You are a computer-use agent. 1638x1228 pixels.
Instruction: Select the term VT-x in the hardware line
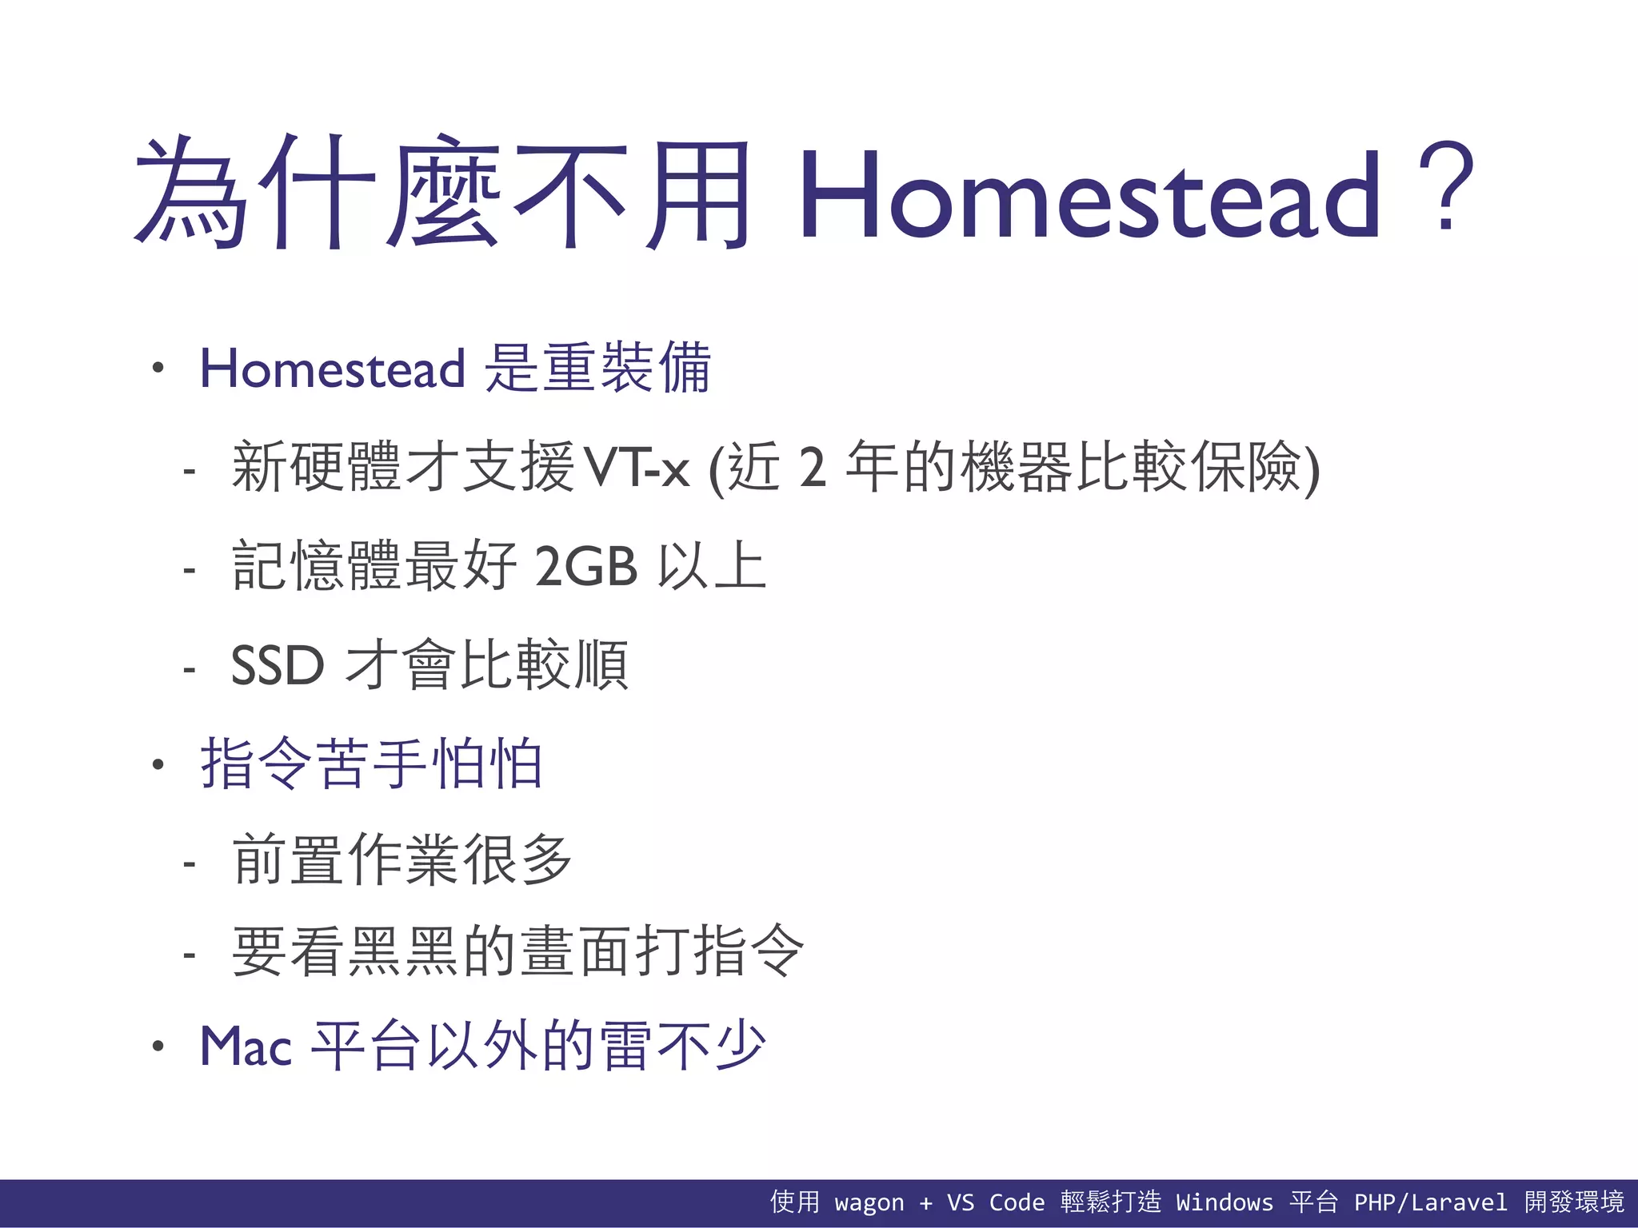[x=637, y=468]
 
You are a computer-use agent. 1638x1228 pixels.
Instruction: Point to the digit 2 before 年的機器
[x=812, y=468]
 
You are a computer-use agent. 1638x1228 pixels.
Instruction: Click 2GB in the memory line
[x=585, y=567]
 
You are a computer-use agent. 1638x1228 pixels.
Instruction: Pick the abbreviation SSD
[x=278, y=665]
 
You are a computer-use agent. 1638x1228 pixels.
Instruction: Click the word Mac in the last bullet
[x=246, y=1047]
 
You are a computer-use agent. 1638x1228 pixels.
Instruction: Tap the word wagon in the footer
[x=869, y=1202]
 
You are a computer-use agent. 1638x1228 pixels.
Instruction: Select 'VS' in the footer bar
[x=960, y=1202]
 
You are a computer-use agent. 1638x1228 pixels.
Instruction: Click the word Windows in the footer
[x=1224, y=1202]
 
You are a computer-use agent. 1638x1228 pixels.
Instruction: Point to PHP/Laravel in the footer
[x=1429, y=1202]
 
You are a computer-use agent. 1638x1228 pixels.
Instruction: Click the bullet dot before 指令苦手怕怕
[x=158, y=765]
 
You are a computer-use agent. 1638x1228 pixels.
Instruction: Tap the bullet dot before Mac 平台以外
[x=158, y=1047]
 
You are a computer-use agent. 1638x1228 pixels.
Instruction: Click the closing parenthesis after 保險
[x=1312, y=469]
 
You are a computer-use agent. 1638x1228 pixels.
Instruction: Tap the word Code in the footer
[x=1017, y=1202]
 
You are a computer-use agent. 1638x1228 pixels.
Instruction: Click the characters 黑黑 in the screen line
[x=404, y=951]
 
